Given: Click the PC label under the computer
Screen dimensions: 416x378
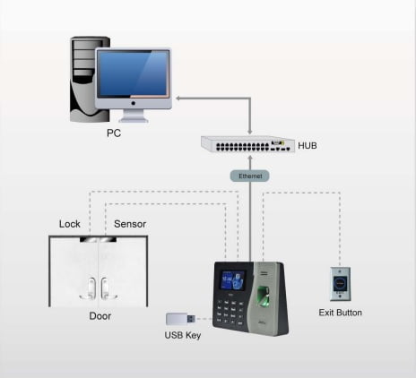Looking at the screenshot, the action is (114, 133).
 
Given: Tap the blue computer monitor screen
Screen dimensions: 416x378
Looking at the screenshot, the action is (134, 73).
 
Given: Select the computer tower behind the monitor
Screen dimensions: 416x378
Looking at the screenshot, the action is (87, 79).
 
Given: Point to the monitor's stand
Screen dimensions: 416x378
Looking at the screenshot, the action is (134, 116).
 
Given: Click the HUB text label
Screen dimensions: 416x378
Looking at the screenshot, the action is (308, 146).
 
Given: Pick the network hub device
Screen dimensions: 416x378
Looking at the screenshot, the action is (247, 144).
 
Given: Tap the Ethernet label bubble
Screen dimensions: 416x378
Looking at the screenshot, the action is (250, 176).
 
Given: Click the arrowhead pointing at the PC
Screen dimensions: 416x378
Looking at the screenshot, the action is (178, 99).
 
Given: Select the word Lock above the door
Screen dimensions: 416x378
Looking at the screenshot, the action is (70, 224).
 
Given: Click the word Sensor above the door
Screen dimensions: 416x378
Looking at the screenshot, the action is (130, 224).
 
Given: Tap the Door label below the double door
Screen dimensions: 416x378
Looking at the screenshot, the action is (100, 316).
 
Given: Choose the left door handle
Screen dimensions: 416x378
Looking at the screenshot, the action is (89, 288).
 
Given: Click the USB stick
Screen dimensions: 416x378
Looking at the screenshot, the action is (181, 319).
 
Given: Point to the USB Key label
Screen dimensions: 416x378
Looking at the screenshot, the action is (183, 335).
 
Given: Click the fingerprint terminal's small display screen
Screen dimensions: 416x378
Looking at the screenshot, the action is (233, 280).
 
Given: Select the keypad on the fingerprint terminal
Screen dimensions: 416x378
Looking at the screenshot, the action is (230, 311).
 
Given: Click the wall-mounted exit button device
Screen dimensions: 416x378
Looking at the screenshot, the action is (341, 284).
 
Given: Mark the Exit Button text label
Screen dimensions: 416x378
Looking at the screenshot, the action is (341, 313).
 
